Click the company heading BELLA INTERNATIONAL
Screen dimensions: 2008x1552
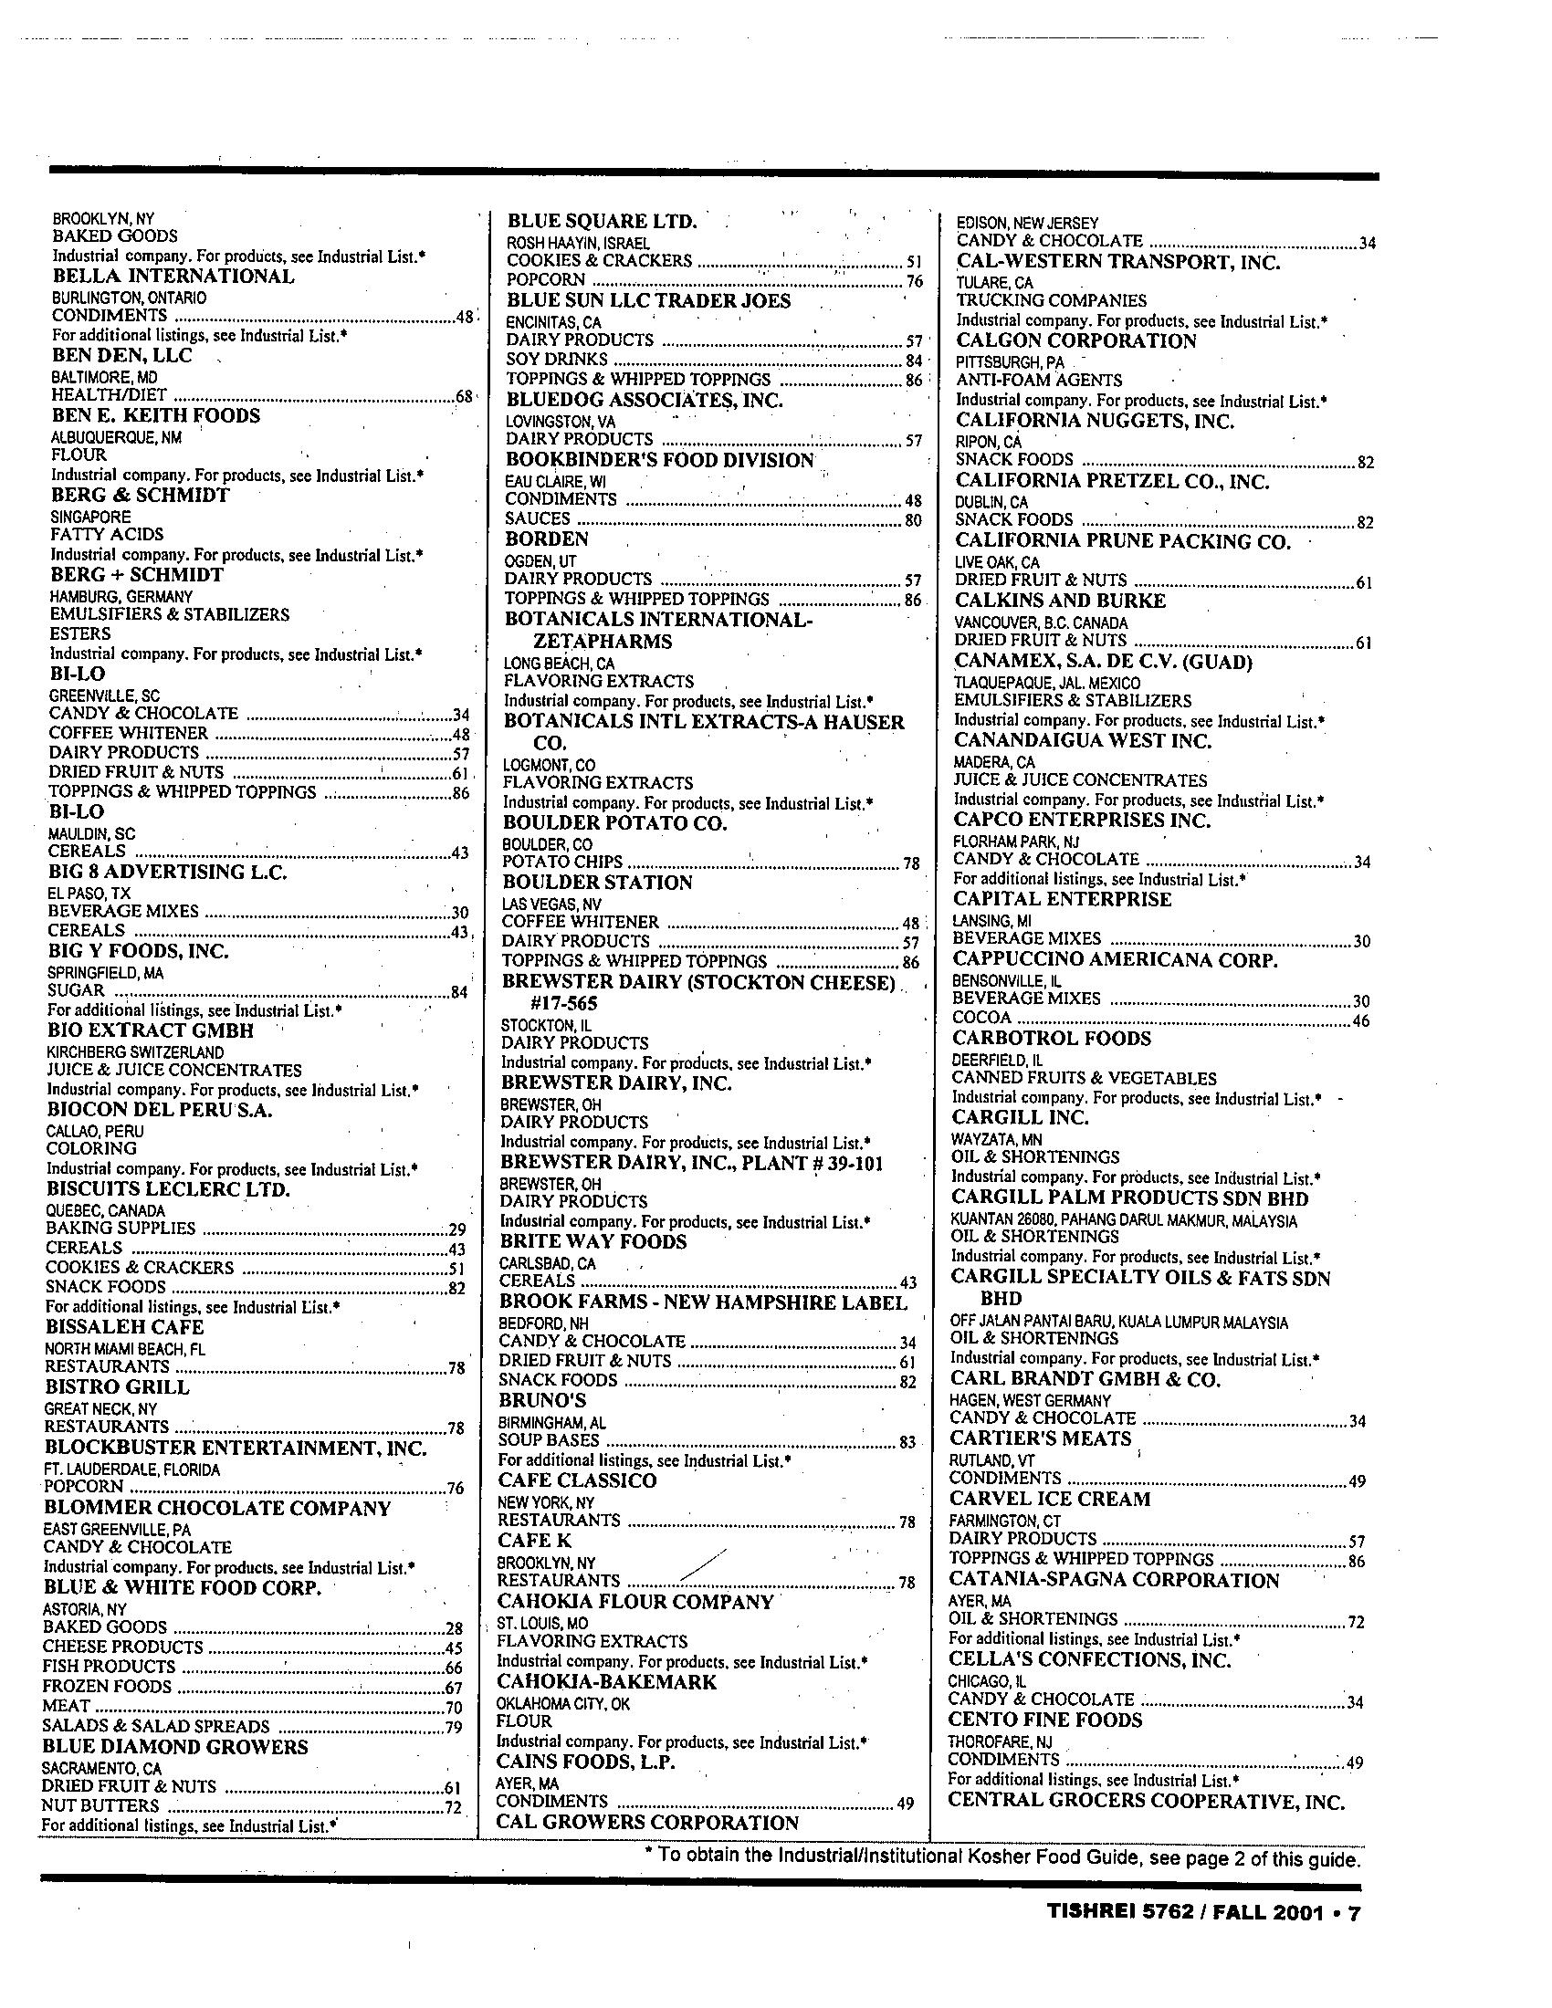173,277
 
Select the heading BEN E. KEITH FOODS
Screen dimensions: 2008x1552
155,415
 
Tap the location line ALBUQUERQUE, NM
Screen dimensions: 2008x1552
116,436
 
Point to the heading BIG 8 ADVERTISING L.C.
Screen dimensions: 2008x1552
167,871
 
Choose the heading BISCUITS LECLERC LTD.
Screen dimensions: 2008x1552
168,1188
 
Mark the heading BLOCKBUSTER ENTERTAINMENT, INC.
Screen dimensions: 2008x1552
236,1448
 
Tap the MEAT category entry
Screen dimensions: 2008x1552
67,1707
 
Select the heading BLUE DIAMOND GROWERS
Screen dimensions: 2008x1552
175,1746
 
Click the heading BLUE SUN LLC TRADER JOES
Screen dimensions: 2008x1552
648,300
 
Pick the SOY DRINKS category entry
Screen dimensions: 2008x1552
556,359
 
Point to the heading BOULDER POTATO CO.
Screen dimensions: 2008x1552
614,823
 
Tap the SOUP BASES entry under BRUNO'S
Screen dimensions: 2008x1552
548,1439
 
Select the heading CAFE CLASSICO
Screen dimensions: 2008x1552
577,1480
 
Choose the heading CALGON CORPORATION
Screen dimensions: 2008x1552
1075,341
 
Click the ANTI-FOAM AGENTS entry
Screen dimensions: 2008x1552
1039,380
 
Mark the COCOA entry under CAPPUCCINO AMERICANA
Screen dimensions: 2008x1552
981,1018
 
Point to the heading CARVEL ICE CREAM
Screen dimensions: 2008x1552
1049,1499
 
